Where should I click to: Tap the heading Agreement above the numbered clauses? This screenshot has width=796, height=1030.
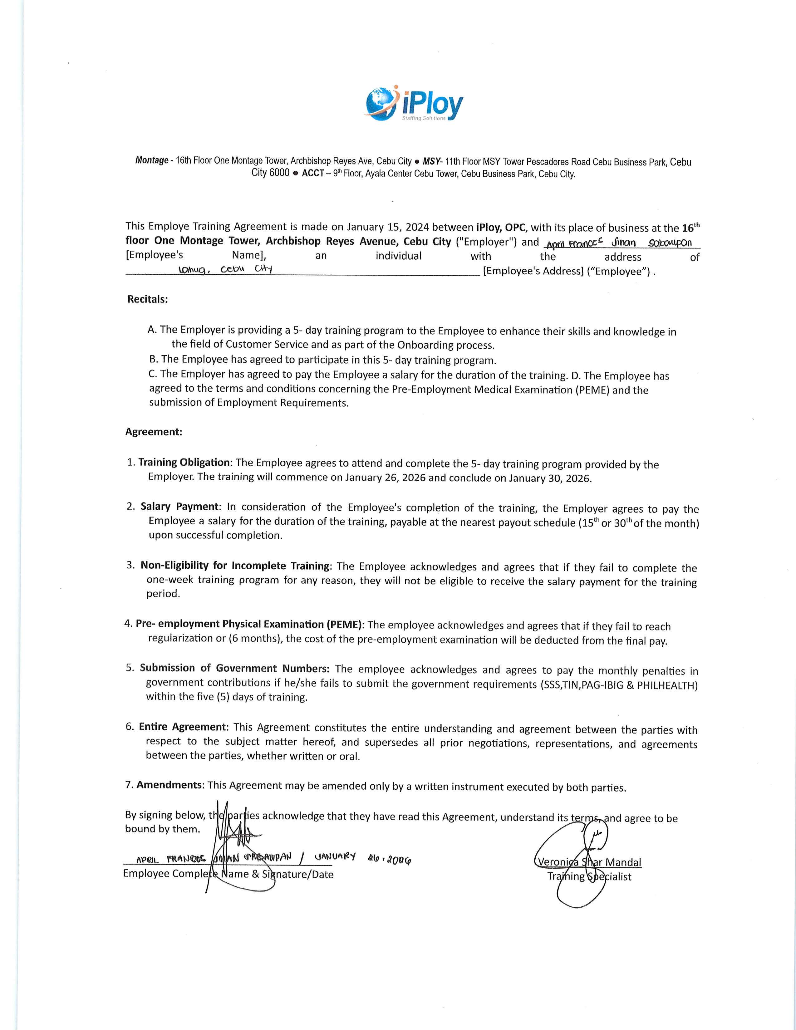(153, 432)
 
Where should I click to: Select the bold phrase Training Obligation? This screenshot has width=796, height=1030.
(184, 463)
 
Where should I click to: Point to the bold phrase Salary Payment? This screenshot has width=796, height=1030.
(180, 507)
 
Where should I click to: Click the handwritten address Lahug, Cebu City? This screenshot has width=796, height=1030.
(225, 269)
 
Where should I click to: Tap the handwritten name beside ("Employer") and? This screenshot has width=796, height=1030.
(619, 243)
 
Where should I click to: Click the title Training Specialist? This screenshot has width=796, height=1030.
(589, 876)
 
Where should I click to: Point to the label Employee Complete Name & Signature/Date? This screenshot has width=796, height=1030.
(228, 874)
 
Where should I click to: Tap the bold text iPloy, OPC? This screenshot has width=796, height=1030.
(501, 227)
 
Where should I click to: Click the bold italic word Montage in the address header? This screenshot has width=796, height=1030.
(152, 160)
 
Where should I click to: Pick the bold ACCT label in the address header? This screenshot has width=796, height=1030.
(313, 173)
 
